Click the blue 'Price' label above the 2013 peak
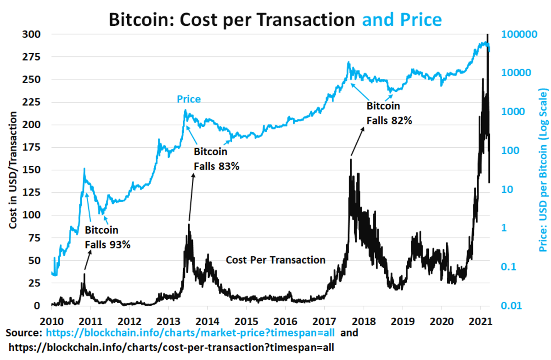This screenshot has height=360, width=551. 189,99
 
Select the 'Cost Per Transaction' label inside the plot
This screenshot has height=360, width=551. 275,260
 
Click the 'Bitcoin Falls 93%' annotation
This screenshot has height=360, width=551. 107,237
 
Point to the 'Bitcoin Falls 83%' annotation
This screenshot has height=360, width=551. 216,159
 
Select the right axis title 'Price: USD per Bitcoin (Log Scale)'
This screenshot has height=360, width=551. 544,170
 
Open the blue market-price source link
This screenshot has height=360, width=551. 190,332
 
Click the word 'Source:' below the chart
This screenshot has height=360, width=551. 25,332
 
